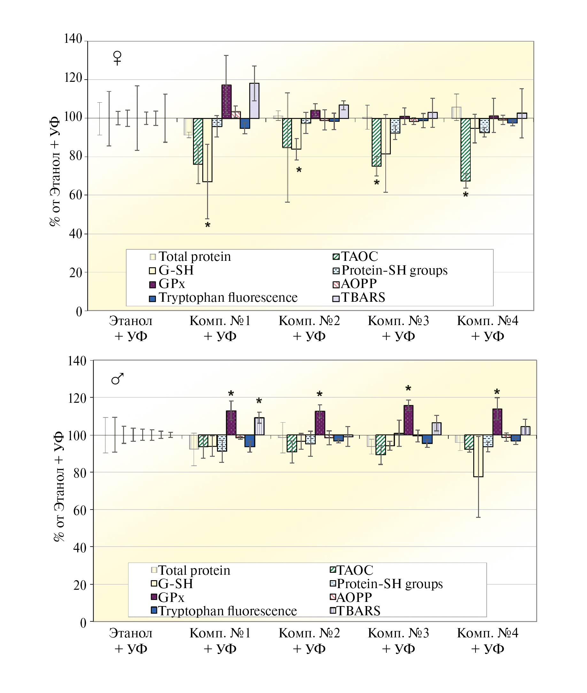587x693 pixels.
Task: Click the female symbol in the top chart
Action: click(117, 58)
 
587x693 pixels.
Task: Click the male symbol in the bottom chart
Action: click(117, 379)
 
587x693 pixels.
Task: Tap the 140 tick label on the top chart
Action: click(73, 39)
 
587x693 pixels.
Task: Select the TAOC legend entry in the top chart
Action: click(355, 257)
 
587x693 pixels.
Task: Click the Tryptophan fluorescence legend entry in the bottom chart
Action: click(224, 611)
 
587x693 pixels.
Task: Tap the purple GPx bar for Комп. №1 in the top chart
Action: click(226, 102)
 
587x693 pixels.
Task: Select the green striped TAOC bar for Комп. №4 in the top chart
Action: click(466, 150)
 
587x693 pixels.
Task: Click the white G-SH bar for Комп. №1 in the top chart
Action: click(207, 150)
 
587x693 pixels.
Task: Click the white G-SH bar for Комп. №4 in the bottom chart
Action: click(478, 456)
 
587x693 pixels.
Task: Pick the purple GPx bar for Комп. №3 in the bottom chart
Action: click(408, 420)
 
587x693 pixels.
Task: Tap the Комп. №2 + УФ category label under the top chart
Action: click(309, 328)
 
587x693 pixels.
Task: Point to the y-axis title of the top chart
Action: click(55, 171)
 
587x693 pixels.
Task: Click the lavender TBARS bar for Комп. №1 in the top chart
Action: click(254, 101)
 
